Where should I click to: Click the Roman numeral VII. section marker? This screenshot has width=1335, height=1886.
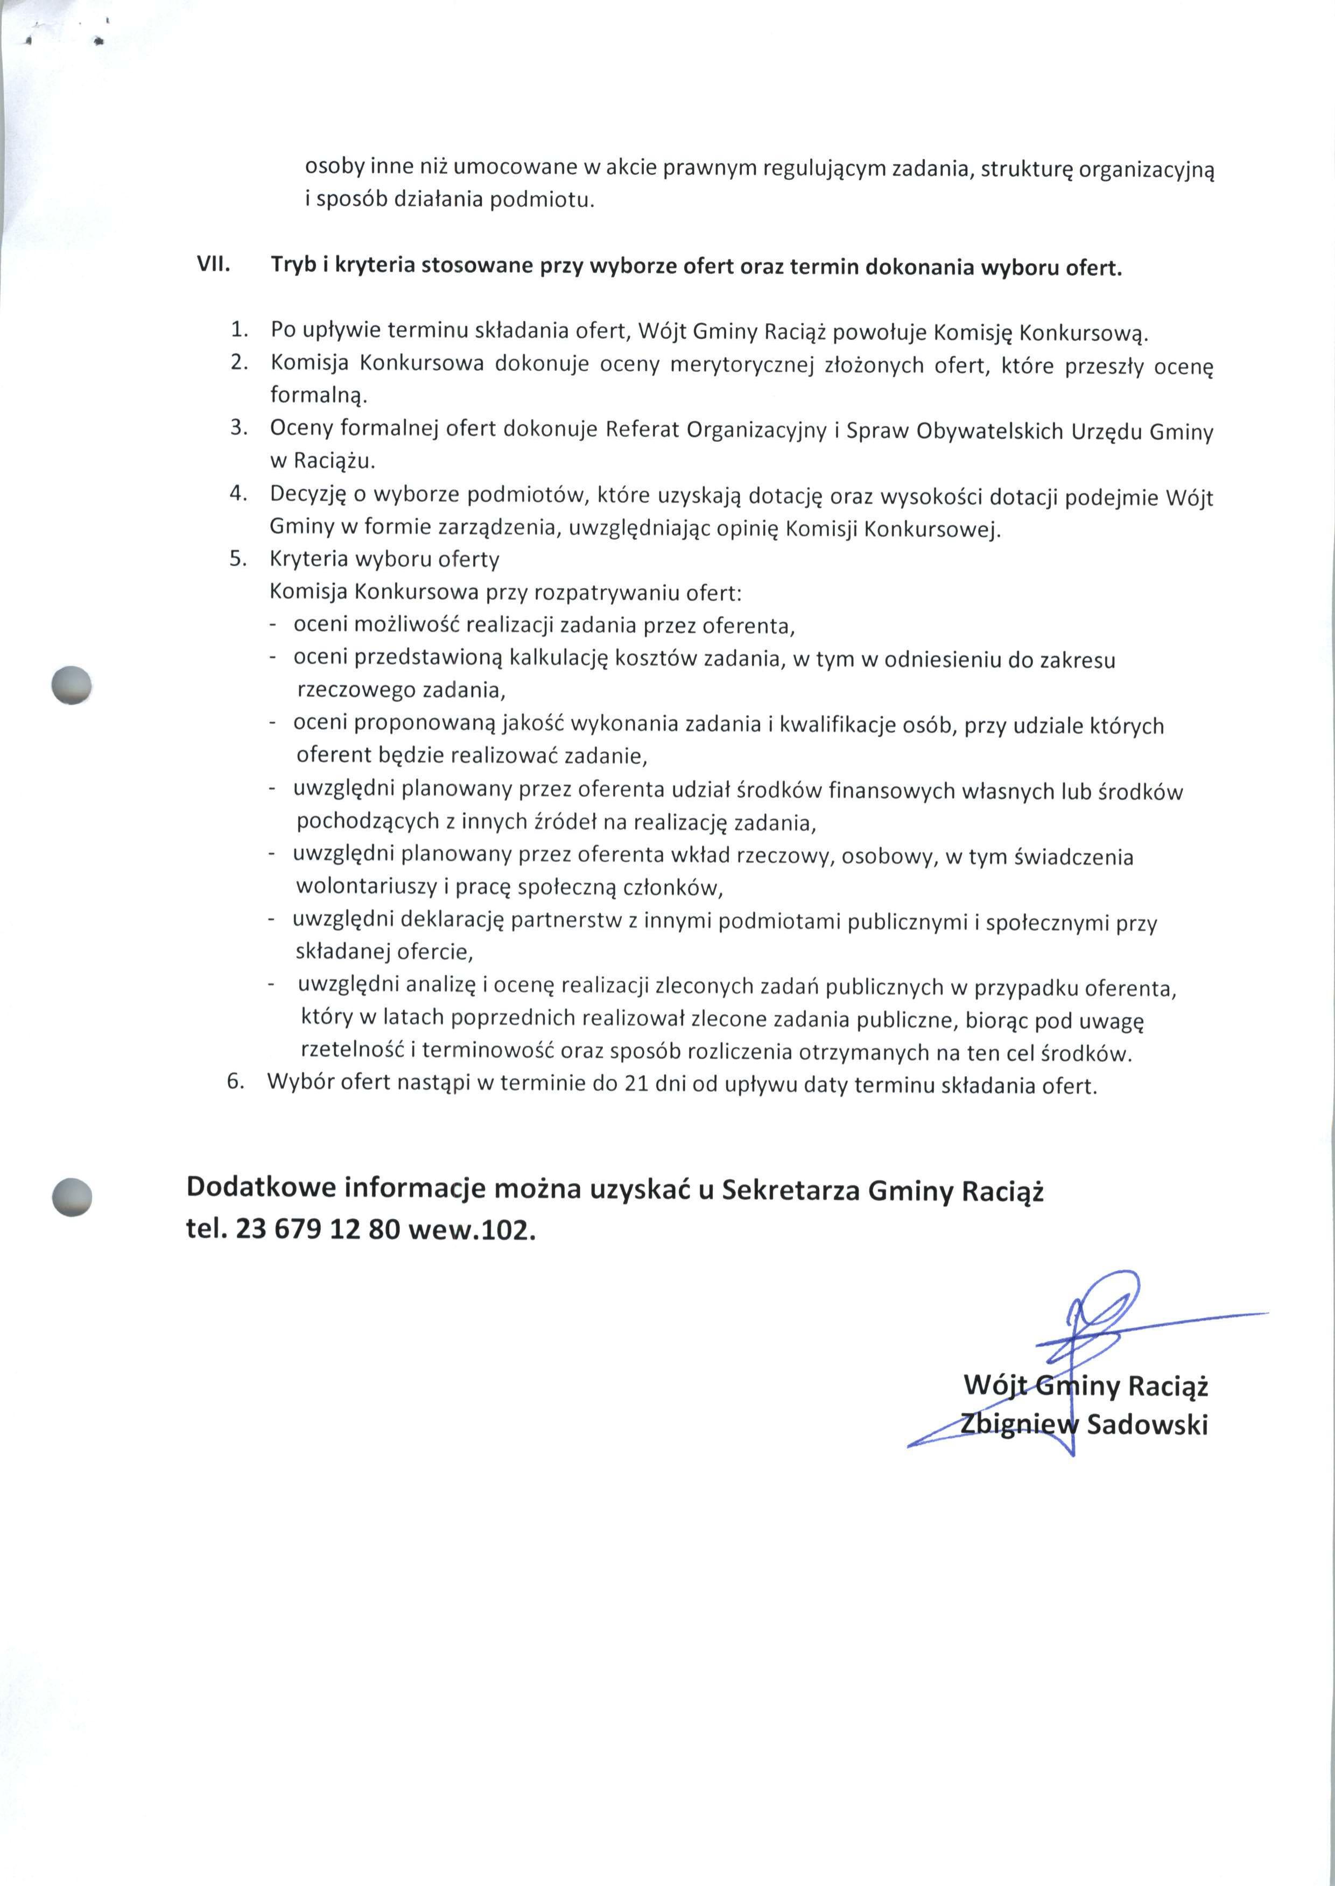click(x=213, y=265)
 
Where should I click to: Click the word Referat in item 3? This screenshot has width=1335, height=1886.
click(x=642, y=430)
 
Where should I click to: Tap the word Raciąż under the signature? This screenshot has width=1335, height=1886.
click(x=1167, y=1387)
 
